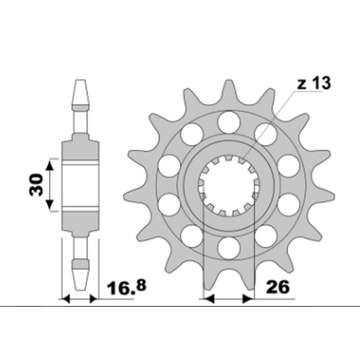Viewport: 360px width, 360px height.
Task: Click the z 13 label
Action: point(314,83)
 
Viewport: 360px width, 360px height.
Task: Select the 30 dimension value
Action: point(36,184)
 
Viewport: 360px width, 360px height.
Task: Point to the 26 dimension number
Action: point(278,287)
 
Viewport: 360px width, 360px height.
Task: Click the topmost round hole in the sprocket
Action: point(229,122)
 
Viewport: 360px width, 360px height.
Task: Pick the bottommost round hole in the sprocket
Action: point(229,248)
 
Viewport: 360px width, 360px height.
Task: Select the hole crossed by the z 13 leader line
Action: point(266,135)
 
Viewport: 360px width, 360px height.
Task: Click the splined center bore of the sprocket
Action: point(229,185)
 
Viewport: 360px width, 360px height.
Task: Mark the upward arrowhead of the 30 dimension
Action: point(50,166)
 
